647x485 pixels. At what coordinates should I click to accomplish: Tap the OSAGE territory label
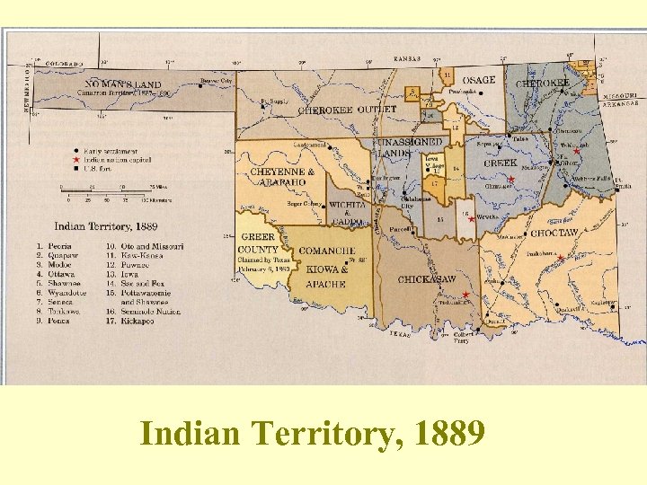(480, 81)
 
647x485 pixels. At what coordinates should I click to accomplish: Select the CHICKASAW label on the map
(428, 279)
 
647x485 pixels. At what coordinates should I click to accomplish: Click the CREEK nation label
(501, 163)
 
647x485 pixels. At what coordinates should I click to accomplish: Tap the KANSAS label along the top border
(408, 58)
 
